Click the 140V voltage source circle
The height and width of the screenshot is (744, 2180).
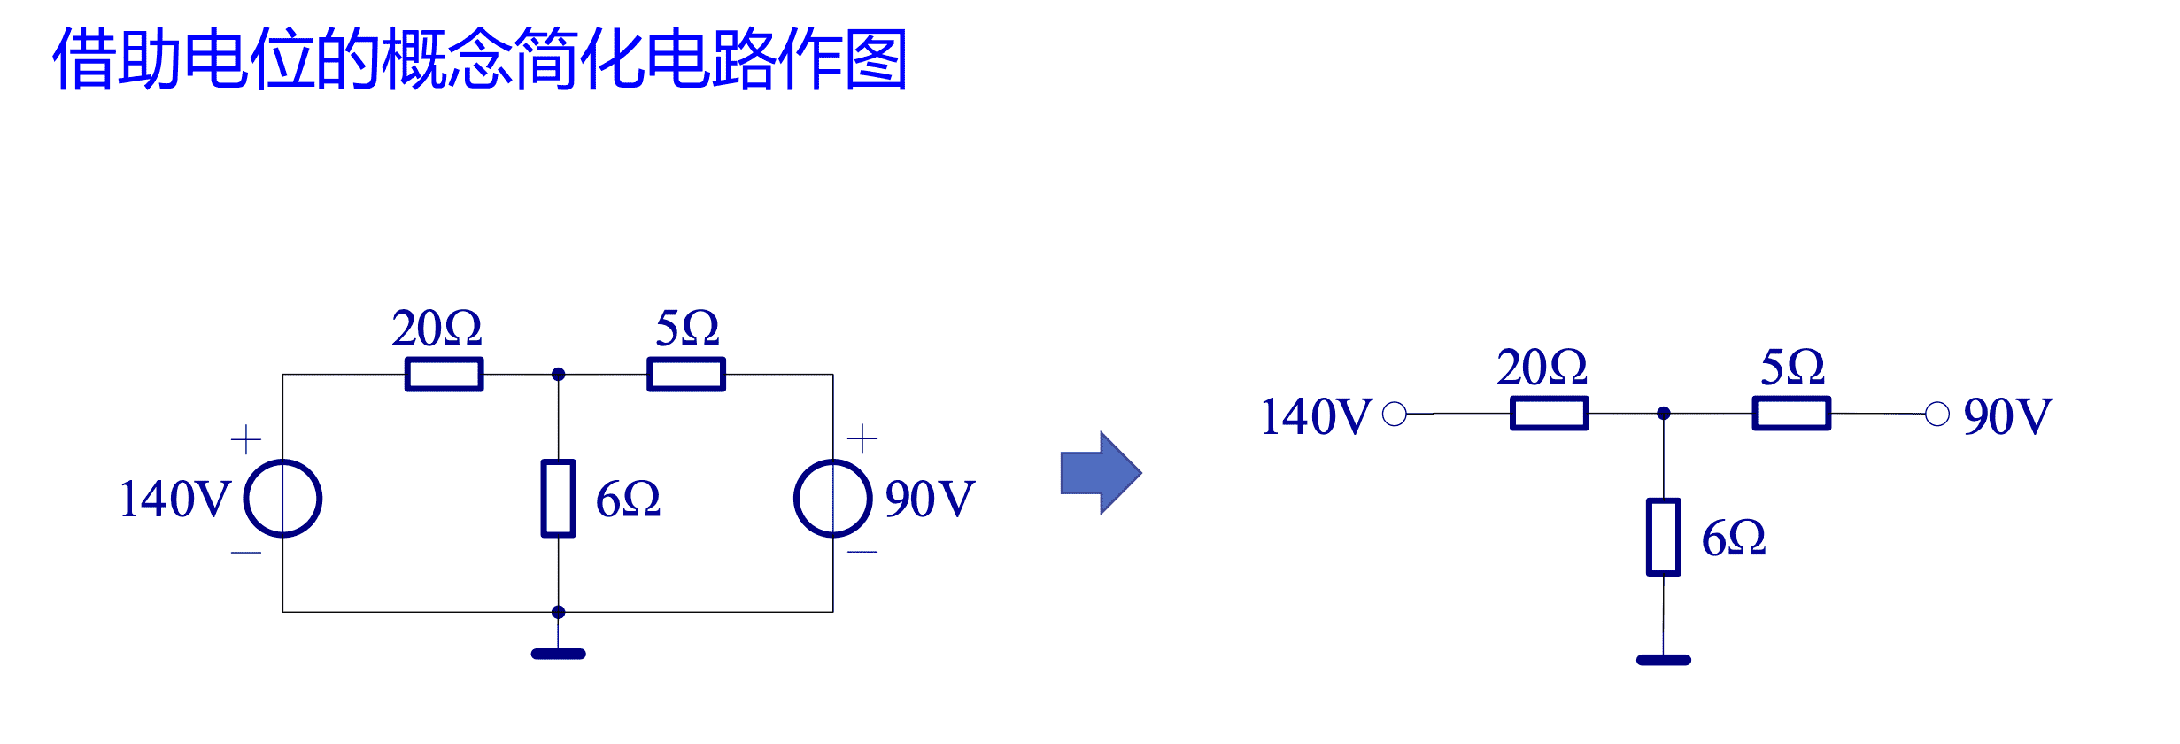282,499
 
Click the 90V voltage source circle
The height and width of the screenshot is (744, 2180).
832,499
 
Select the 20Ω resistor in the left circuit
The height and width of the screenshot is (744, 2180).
444,374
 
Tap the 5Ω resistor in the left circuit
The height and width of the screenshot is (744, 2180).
686,374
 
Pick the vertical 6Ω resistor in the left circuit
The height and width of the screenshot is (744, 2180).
558,499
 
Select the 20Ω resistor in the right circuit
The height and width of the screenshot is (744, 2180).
1549,413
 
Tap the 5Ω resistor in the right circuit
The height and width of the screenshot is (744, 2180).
1791,413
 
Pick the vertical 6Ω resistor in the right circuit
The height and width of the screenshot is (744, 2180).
1663,538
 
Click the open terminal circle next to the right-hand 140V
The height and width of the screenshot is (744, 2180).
1394,414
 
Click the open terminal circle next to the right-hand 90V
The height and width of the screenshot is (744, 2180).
1936,414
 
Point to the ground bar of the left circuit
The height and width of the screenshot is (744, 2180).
558,654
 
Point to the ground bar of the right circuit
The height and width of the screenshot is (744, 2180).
1663,660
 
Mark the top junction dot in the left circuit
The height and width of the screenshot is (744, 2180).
558,374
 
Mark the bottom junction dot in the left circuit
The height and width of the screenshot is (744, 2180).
558,612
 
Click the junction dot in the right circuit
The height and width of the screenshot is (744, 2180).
1663,413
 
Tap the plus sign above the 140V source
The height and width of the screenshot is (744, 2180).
245,439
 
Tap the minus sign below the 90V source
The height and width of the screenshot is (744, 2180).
862,552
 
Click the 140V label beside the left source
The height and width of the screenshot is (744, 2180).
174,499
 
